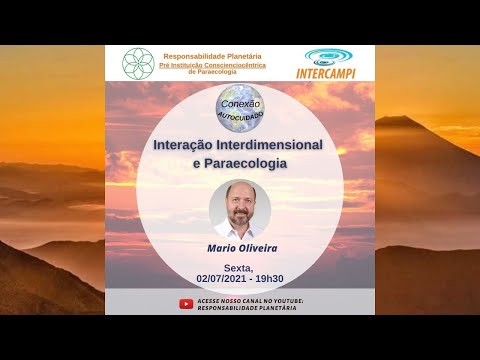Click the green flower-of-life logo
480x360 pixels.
coord(138,63)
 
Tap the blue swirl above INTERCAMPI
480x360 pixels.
coord(329,57)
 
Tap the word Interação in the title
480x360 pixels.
coord(186,143)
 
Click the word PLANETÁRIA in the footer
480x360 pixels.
coord(273,309)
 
